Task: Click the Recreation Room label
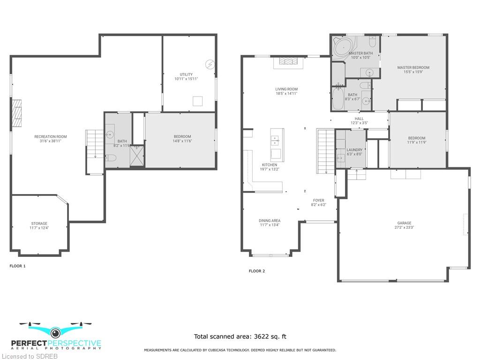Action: pyautogui.click(x=51, y=136)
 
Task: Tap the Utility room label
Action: pyautogui.click(x=186, y=75)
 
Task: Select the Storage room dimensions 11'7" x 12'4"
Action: pyautogui.click(x=39, y=228)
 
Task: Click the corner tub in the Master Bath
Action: pyautogui.click(x=344, y=47)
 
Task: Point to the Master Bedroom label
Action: pyautogui.click(x=413, y=67)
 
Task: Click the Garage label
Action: pyautogui.click(x=405, y=223)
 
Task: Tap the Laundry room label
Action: pyautogui.click(x=354, y=150)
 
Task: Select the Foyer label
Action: pyautogui.click(x=319, y=200)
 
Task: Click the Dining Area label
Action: pyautogui.click(x=270, y=220)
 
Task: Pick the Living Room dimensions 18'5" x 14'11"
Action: pyautogui.click(x=286, y=93)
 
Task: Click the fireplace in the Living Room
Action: pyautogui.click(x=288, y=61)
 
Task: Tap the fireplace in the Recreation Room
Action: pyautogui.click(x=17, y=113)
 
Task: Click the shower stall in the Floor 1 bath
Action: pyautogui.click(x=137, y=156)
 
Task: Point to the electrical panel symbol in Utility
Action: pyautogui.click(x=210, y=65)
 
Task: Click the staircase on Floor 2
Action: pyautogui.click(x=326, y=151)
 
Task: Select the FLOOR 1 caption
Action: pyautogui.click(x=17, y=266)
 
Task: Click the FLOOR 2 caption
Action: pyautogui.click(x=257, y=271)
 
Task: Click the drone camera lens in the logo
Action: pyautogui.click(x=55, y=332)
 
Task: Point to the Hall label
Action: pyautogui.click(x=360, y=119)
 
